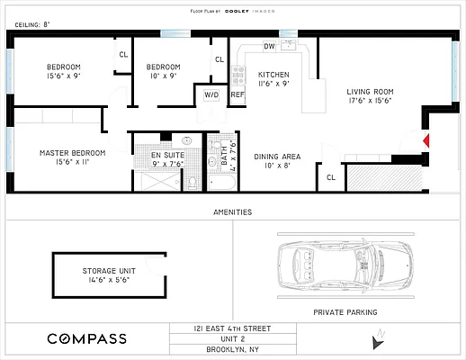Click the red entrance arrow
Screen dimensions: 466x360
(x=426, y=140)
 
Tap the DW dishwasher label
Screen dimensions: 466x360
(x=269, y=46)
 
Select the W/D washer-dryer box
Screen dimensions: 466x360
(x=211, y=95)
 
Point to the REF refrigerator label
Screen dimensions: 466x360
(x=237, y=94)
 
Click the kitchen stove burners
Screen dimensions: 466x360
(x=238, y=75)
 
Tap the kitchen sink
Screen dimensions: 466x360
(x=289, y=45)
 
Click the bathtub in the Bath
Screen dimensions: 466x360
(x=222, y=182)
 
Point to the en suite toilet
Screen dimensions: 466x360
(x=192, y=182)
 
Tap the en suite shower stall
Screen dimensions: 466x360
(x=158, y=181)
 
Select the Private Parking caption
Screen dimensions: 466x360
(x=345, y=312)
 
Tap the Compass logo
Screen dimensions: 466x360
(x=87, y=338)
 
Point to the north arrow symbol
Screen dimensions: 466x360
(x=378, y=339)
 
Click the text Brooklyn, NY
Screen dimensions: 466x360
(x=233, y=349)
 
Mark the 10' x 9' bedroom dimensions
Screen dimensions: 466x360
(x=164, y=76)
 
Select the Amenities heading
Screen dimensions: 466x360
(x=233, y=212)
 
